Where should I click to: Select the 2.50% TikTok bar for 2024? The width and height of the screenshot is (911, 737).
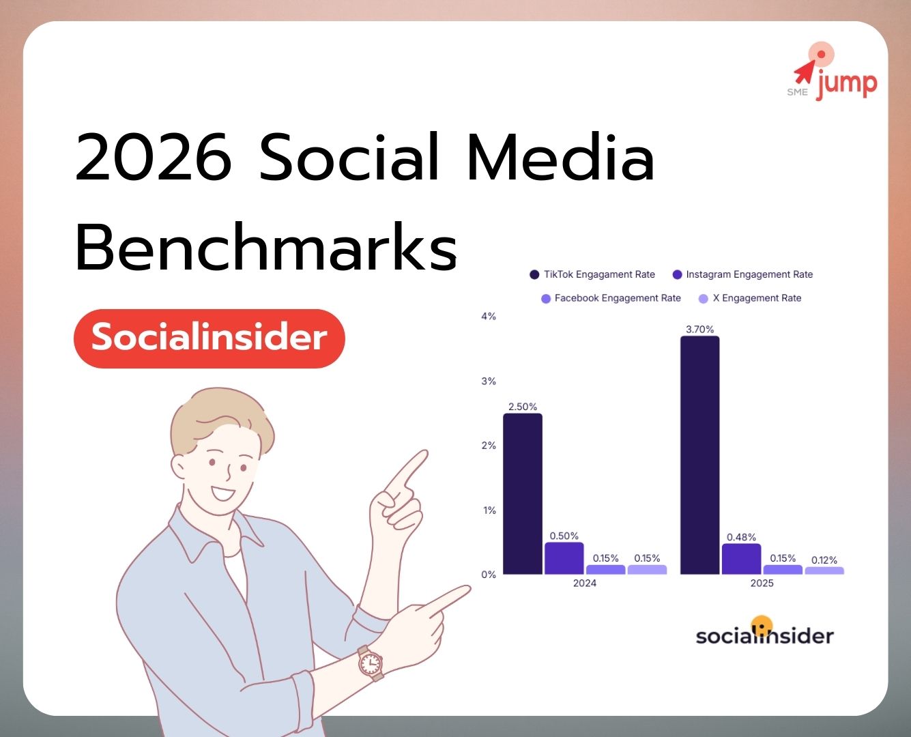pyautogui.click(x=523, y=494)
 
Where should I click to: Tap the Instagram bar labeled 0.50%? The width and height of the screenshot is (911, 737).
pyautogui.click(x=564, y=558)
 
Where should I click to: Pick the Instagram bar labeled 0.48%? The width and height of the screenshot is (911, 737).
pyautogui.click(x=741, y=559)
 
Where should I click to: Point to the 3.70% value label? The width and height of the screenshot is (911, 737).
pyautogui.click(x=699, y=329)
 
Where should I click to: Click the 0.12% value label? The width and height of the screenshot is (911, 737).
pyautogui.click(x=824, y=560)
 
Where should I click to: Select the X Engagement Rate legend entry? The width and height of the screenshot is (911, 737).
pyautogui.click(x=750, y=298)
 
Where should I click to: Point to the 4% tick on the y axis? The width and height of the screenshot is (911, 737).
pyautogui.click(x=489, y=316)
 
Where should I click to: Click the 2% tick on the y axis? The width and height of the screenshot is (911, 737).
pyautogui.click(x=489, y=446)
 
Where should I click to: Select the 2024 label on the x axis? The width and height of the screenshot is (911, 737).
pyautogui.click(x=585, y=583)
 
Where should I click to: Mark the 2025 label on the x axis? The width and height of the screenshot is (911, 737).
pyautogui.click(x=762, y=583)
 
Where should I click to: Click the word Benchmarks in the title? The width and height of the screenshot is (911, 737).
pyautogui.click(x=266, y=247)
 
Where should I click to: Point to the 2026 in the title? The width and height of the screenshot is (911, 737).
pyautogui.click(x=154, y=158)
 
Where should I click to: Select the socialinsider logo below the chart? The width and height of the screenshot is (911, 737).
pyautogui.click(x=764, y=633)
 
